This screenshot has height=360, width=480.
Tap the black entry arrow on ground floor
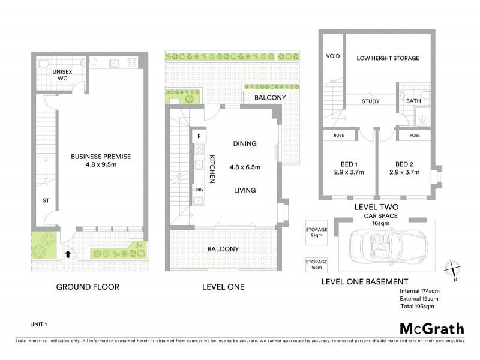click(x=67, y=254)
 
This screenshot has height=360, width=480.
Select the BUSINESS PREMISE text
click(x=101, y=157)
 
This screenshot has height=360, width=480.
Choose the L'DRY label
click(x=198, y=190)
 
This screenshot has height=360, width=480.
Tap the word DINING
click(x=245, y=144)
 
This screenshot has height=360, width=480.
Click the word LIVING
click(x=245, y=190)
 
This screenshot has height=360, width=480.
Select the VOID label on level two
click(x=332, y=57)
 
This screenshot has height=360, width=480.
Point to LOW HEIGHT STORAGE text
click(x=388, y=58)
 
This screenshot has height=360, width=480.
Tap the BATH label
click(x=413, y=101)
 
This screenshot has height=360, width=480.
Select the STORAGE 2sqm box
click(x=316, y=232)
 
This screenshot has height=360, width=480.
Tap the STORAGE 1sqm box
click(x=316, y=265)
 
